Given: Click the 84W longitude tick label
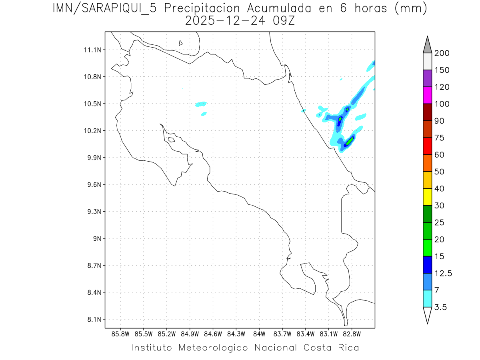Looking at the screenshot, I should (259, 334).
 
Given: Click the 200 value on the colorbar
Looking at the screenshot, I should (442, 53).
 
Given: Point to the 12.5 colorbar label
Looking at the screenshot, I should (443, 273).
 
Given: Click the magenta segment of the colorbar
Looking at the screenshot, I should (427, 95).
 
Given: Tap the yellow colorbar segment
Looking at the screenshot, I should (427, 197).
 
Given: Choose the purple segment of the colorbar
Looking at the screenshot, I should (427, 78).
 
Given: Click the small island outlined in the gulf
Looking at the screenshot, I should (171, 140).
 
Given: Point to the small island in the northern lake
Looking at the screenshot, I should (181, 43).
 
